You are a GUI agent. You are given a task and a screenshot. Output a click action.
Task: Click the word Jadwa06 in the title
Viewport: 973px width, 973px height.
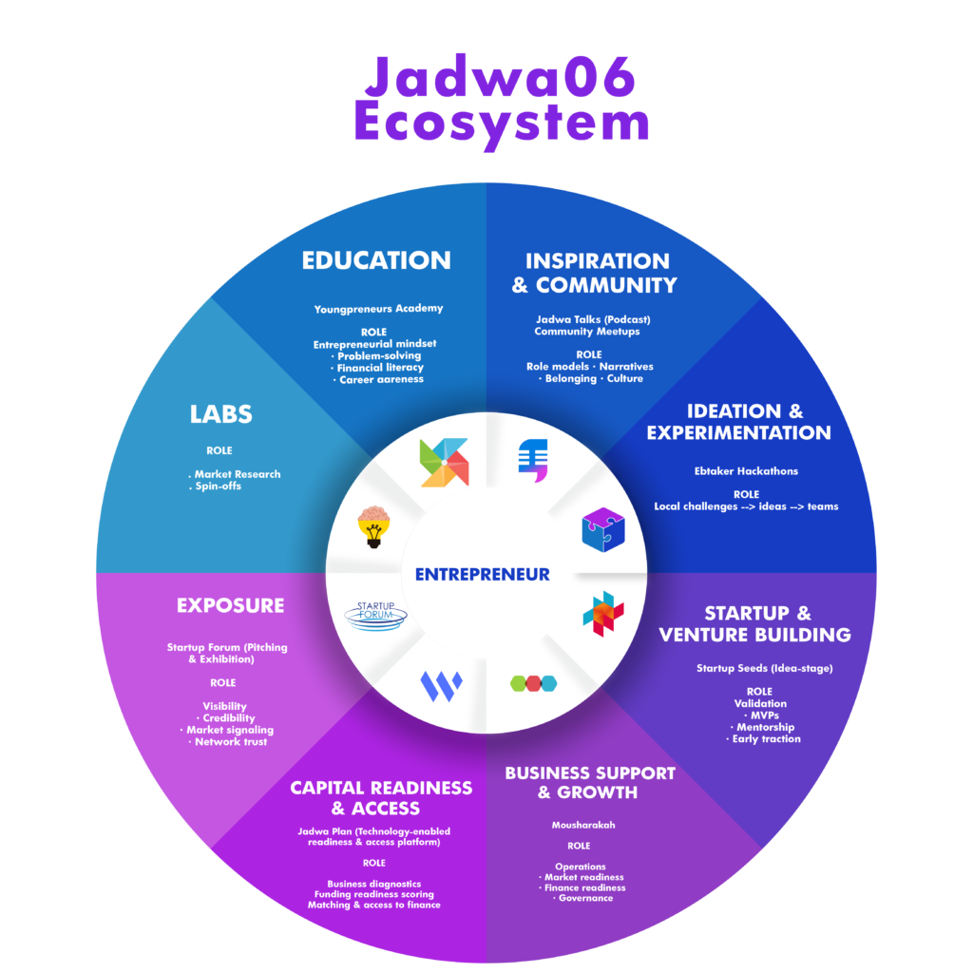(x=500, y=78)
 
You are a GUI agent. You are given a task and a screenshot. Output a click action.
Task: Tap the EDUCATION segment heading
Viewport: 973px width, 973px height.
(x=376, y=260)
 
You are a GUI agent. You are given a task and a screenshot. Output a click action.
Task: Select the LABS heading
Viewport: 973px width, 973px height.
(x=220, y=414)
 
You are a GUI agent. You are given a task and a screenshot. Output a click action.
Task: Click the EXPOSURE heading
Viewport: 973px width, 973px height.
(x=230, y=605)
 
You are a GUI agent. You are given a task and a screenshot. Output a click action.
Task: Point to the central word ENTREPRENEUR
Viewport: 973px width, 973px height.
(x=482, y=574)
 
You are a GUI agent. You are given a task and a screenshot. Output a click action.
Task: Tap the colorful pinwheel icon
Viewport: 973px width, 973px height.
(x=444, y=463)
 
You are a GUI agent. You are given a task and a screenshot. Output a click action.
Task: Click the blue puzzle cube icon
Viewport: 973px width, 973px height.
(x=603, y=529)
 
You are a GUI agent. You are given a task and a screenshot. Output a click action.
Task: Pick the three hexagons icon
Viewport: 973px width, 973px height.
(x=533, y=682)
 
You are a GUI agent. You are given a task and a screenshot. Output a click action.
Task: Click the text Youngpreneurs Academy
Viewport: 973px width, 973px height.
(x=378, y=309)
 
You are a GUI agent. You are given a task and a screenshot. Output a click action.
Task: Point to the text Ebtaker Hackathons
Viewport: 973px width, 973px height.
(x=746, y=470)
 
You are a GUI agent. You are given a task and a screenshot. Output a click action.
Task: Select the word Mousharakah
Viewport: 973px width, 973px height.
(x=582, y=825)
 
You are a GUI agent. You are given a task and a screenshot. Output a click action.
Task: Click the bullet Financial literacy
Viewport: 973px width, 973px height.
(x=380, y=368)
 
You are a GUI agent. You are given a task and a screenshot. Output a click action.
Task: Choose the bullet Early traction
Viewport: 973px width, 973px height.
(x=766, y=738)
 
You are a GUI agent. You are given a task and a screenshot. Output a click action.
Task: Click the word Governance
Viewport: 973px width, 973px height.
(x=585, y=898)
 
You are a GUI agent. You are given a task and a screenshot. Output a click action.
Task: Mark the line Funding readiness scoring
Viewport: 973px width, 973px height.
(x=373, y=894)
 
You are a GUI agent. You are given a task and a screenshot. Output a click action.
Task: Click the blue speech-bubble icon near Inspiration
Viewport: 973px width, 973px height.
(x=532, y=457)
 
